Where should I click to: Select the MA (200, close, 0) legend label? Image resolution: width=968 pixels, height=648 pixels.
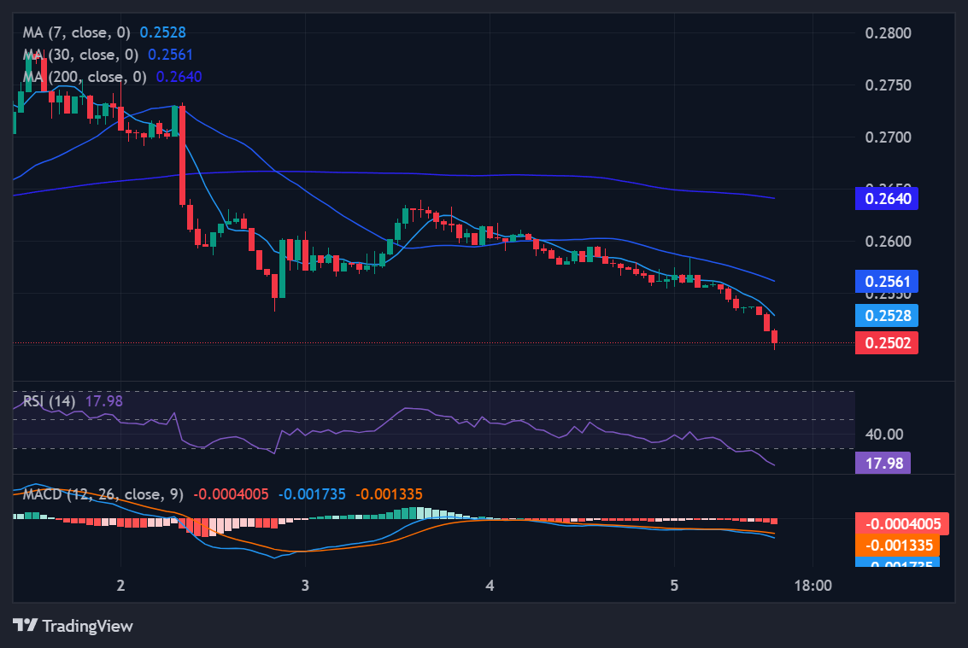pyautogui.click(x=85, y=77)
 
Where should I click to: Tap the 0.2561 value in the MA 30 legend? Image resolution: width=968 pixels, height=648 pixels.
pyautogui.click(x=170, y=55)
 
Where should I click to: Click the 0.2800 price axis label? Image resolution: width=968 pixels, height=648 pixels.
pyautogui.click(x=888, y=33)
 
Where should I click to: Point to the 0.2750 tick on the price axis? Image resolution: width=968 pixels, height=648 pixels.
pyautogui.click(x=888, y=85)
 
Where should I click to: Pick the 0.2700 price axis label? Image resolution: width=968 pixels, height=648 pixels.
pyautogui.click(x=888, y=137)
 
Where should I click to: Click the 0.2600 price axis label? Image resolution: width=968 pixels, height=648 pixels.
pyautogui.click(x=888, y=242)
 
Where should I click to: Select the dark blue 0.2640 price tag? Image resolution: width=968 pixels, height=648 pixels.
pyautogui.click(x=887, y=199)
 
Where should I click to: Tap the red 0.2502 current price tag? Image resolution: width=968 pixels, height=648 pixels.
pyautogui.click(x=887, y=343)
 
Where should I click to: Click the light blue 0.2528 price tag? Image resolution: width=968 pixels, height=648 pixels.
pyautogui.click(x=887, y=315)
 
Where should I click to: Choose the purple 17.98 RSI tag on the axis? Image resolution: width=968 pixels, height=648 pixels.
pyautogui.click(x=883, y=463)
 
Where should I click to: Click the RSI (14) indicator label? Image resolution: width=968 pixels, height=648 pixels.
pyautogui.click(x=50, y=400)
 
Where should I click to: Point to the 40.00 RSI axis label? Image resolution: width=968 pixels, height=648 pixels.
pyautogui.click(x=884, y=435)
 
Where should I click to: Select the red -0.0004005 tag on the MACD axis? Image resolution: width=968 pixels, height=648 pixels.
pyautogui.click(x=896, y=524)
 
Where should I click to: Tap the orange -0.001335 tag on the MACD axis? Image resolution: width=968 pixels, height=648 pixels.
pyautogui.click(x=896, y=546)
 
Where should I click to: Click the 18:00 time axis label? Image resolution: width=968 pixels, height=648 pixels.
pyautogui.click(x=813, y=586)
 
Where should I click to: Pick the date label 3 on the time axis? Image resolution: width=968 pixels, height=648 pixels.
pyautogui.click(x=305, y=586)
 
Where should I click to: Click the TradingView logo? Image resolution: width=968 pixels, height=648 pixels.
pyautogui.click(x=74, y=626)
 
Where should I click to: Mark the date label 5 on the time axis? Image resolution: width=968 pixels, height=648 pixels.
pyautogui.click(x=674, y=586)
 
